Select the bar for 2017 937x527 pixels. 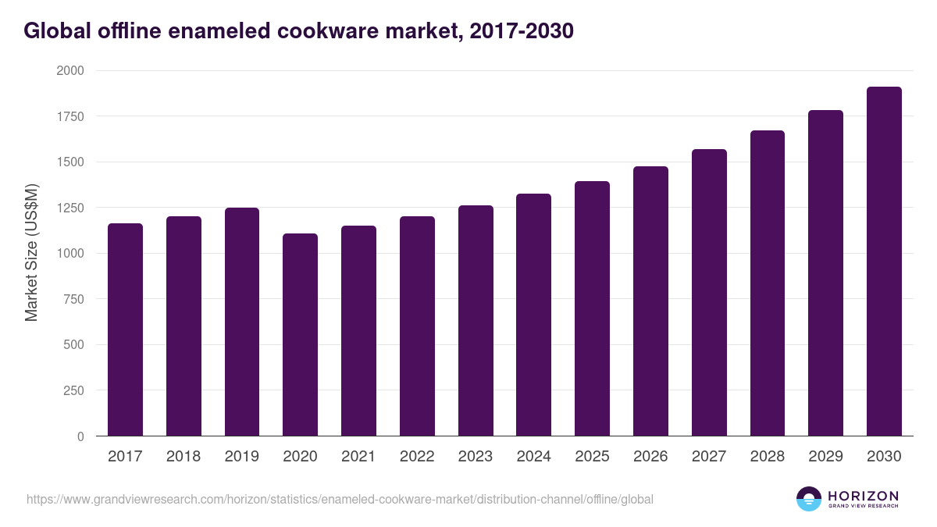125,329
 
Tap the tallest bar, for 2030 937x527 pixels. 884,262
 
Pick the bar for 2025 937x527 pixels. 592,308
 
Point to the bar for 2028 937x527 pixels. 768,283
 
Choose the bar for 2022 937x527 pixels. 417,326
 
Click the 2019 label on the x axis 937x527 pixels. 242,457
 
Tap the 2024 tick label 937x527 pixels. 533,457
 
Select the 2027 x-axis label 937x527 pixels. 709,457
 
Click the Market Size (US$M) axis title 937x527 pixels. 31,253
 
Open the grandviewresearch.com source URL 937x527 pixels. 340,499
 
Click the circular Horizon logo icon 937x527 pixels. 809,499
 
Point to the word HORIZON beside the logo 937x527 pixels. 863,496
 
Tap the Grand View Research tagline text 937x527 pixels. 863,507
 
